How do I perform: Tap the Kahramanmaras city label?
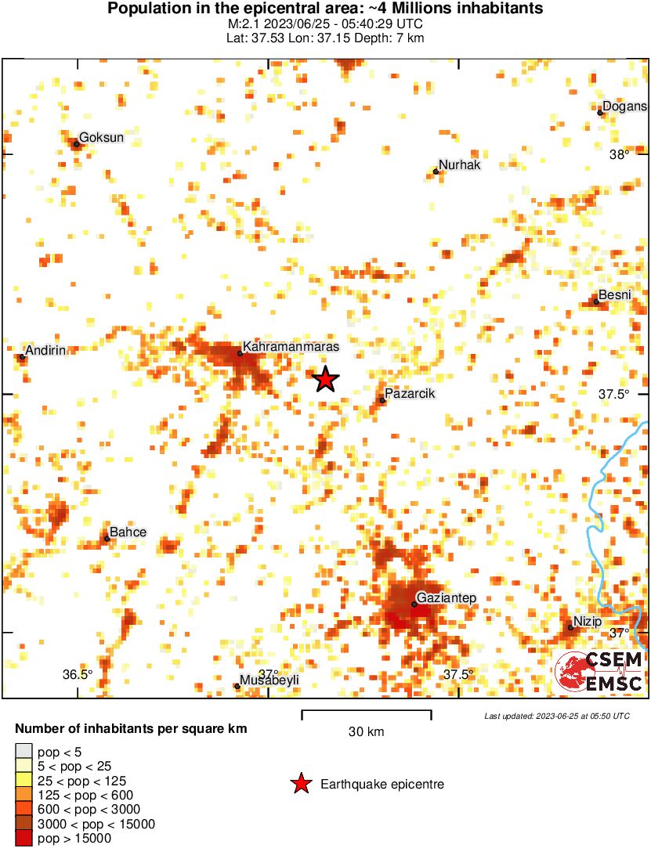coord(292,346)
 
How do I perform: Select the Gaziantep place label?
coord(447,598)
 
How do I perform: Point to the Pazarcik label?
coord(410,394)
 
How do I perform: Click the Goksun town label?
coord(103,138)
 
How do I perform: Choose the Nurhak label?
coord(459,165)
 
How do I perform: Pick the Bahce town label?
coord(128,532)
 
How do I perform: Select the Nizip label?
coord(588,622)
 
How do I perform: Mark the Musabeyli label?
coord(269,680)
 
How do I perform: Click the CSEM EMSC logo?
coord(599,672)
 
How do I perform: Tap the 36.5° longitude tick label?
coord(78,675)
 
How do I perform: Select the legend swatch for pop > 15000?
coord(24,839)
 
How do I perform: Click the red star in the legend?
coord(300,784)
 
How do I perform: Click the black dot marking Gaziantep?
coord(414,604)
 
